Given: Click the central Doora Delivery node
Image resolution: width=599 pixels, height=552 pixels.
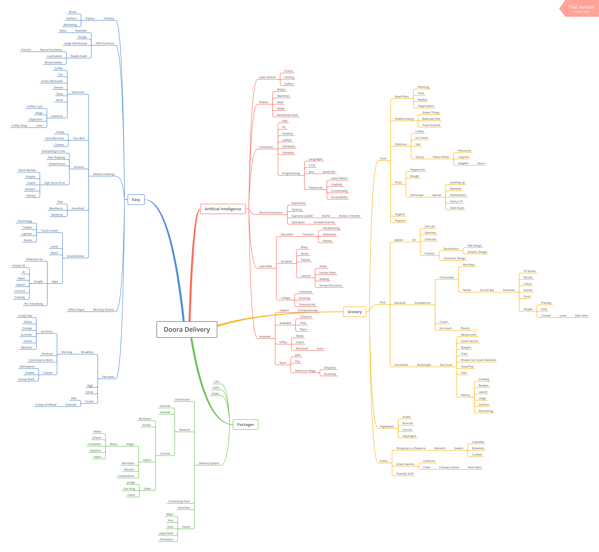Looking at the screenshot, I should (x=187, y=329).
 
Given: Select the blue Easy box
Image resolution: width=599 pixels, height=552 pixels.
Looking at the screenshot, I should (x=136, y=200).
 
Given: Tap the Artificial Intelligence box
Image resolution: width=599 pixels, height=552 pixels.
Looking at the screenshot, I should (x=223, y=209).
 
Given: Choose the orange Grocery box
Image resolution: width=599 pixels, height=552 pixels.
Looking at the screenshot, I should (x=355, y=312).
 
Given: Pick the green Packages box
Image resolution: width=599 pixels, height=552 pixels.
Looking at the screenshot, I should (x=245, y=424).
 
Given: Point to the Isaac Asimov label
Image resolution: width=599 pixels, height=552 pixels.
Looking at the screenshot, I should (x=267, y=77).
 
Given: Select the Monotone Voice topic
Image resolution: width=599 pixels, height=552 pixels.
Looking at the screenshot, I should (x=287, y=115).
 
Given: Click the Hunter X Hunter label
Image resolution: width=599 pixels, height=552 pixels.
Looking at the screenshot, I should (x=349, y=216).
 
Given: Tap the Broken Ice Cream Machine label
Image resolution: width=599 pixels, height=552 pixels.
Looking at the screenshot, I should (x=478, y=360).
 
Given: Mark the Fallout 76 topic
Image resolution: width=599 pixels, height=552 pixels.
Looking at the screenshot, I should (x=456, y=201).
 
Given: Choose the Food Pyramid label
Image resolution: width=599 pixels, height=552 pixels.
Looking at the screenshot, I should (x=431, y=125).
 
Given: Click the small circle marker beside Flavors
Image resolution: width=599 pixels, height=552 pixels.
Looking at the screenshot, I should (x=474, y=330).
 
